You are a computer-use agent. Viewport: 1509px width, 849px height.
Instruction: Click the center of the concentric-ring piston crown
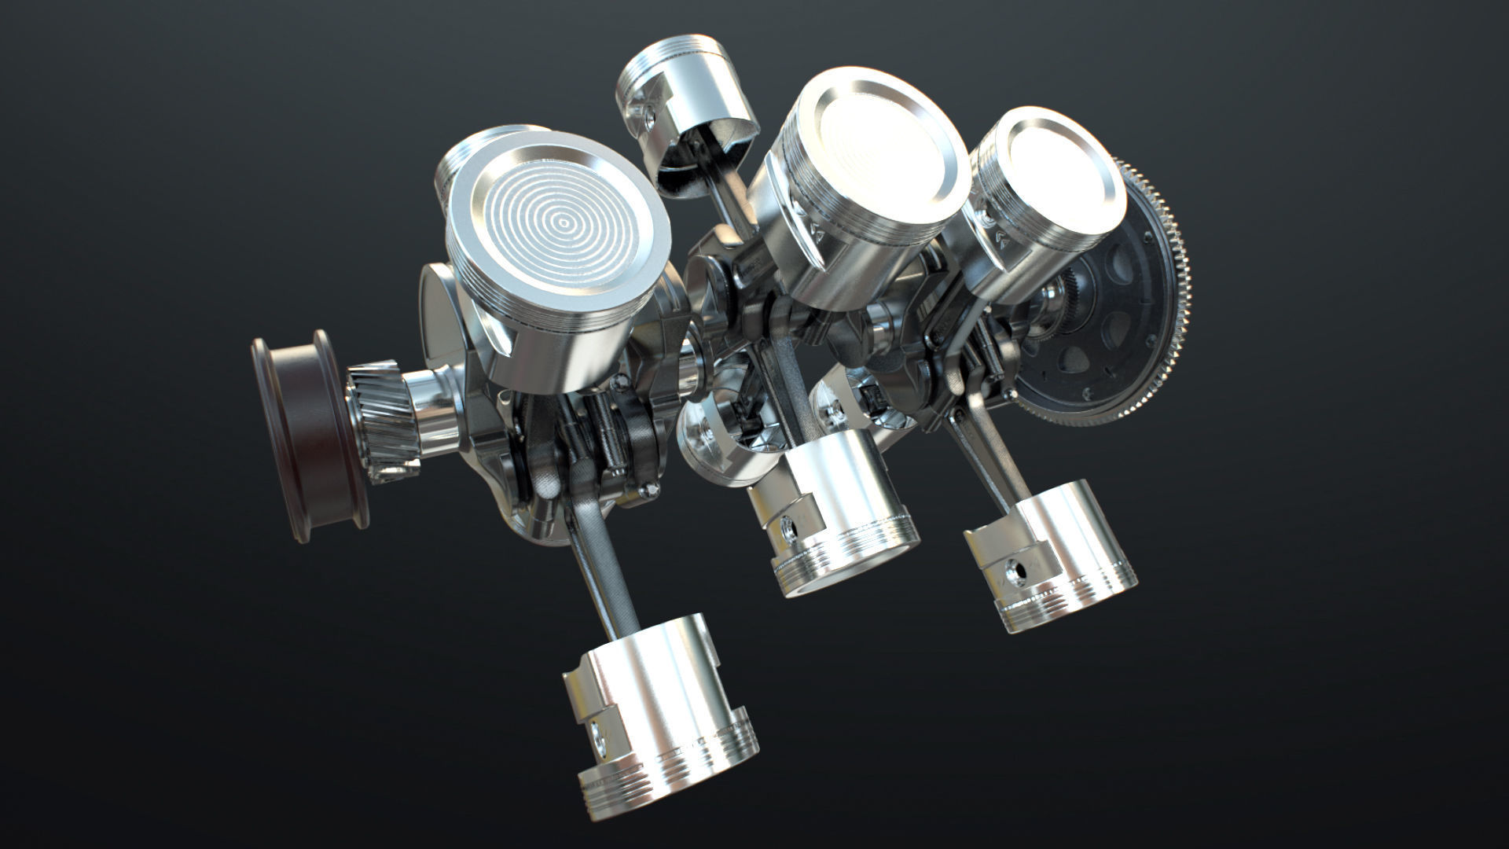point(564,222)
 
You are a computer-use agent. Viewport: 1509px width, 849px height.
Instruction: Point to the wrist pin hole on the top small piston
point(649,117)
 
